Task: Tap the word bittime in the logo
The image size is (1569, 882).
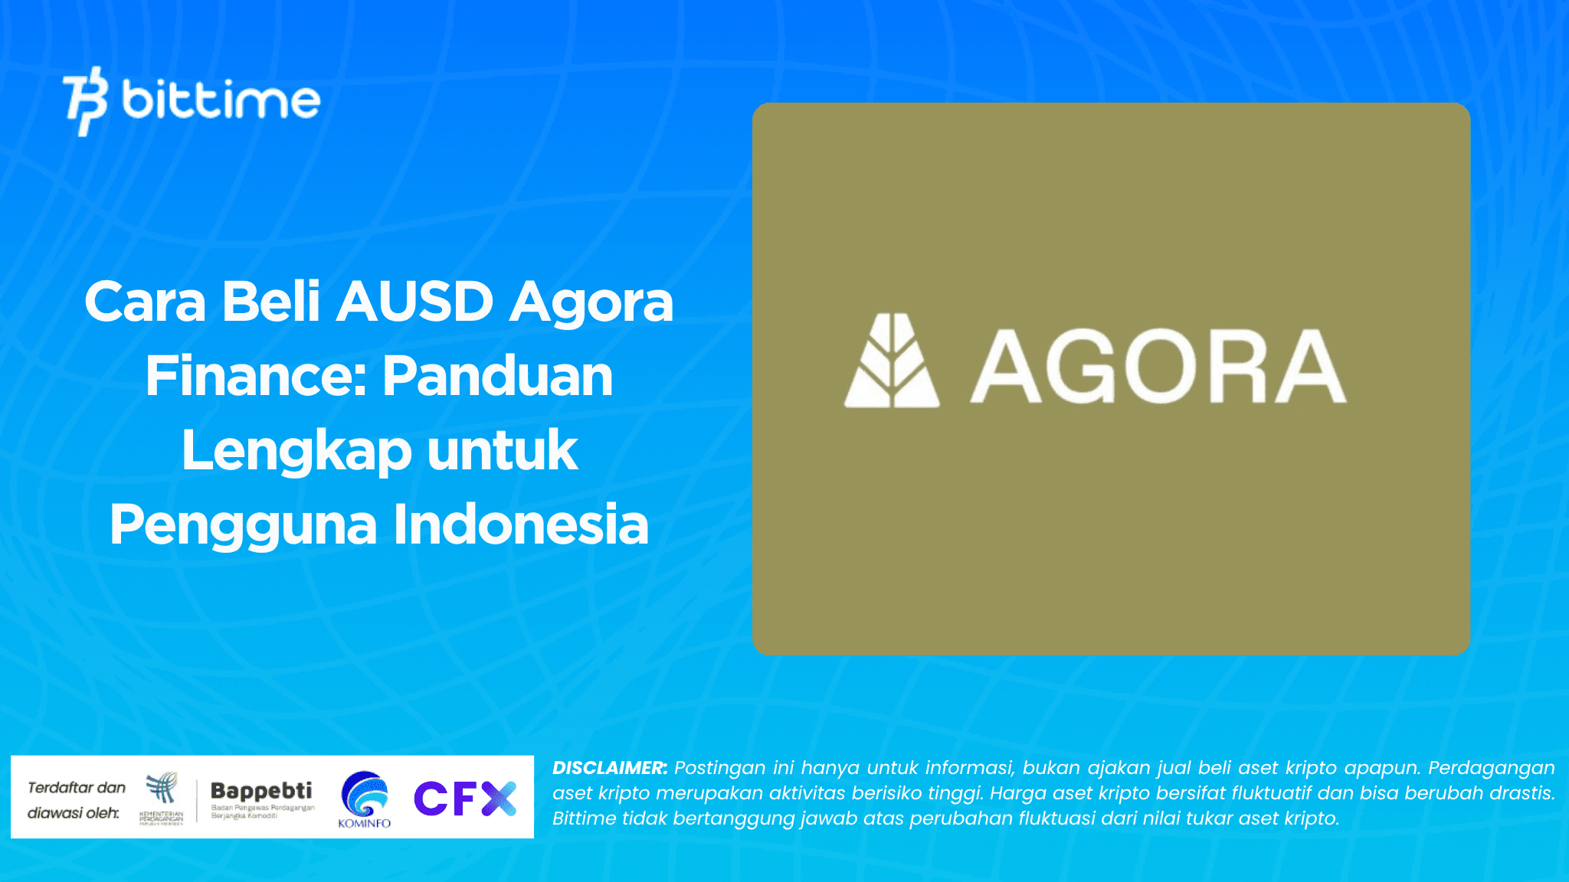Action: [x=221, y=100]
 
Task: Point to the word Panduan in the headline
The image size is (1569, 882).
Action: [x=497, y=376]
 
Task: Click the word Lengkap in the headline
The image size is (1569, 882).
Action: [x=296, y=451]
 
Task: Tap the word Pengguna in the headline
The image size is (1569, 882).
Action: [x=243, y=525]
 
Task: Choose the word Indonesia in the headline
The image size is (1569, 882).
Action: [x=521, y=525]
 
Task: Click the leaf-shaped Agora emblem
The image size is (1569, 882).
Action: [x=891, y=361]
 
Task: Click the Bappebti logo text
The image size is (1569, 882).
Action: [x=261, y=791]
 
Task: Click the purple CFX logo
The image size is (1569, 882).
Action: [x=464, y=799]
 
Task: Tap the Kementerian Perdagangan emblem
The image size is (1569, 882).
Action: [x=162, y=789]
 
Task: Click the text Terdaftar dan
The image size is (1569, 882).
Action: [x=77, y=787]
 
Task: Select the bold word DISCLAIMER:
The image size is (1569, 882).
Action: [x=610, y=768]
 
